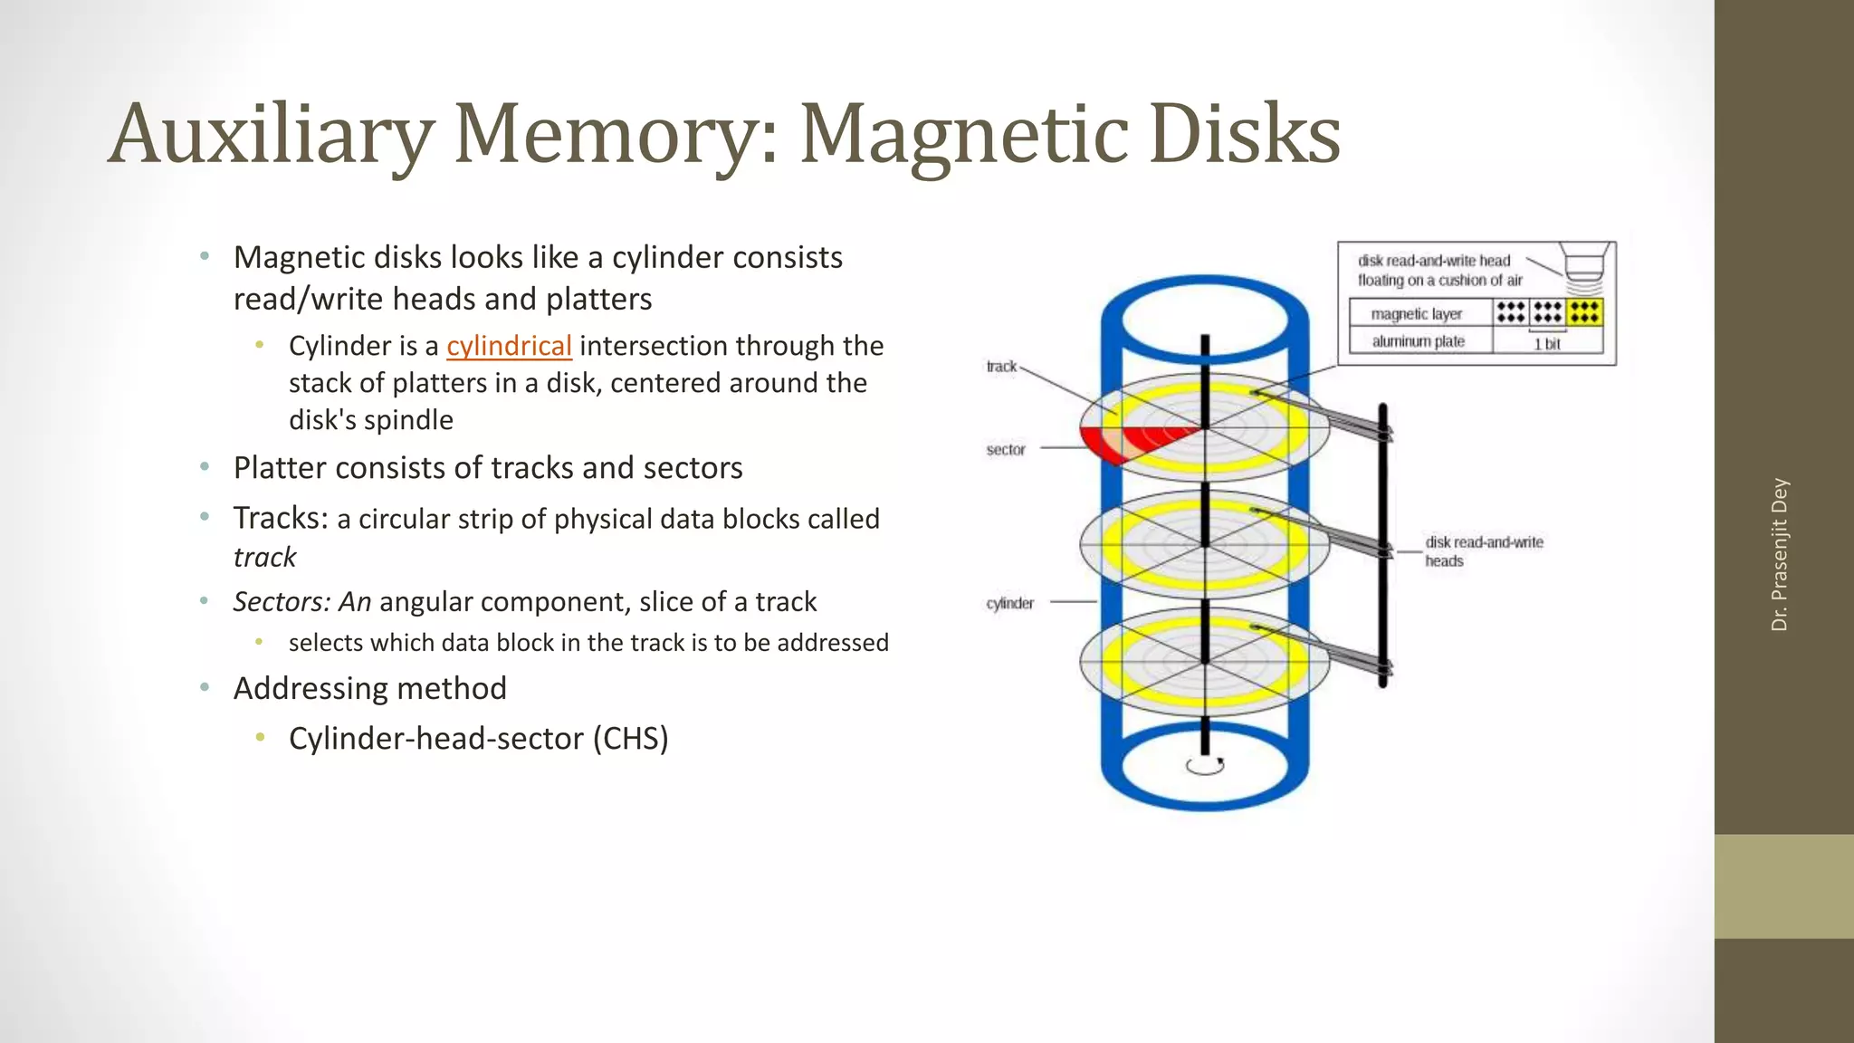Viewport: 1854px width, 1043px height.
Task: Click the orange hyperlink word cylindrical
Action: point(509,346)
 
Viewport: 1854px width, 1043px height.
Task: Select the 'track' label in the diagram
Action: point(1001,367)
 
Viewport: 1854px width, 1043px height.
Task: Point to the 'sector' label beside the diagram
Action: point(1006,450)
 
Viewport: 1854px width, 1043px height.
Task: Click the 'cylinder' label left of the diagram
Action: point(1009,603)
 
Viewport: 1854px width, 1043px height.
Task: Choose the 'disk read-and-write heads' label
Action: point(1483,551)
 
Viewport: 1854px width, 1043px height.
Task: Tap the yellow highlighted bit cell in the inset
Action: point(1584,312)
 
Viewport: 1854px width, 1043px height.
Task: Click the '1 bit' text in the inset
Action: point(1547,344)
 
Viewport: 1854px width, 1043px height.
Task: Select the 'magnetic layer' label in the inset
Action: point(1416,314)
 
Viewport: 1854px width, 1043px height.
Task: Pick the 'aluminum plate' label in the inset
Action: point(1418,341)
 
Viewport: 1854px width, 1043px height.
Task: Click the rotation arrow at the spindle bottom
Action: point(1205,766)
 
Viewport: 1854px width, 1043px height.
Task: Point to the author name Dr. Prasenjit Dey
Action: point(1779,554)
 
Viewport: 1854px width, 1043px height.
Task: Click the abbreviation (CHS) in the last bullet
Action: point(630,739)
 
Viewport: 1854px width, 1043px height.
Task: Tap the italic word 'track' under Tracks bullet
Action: point(264,557)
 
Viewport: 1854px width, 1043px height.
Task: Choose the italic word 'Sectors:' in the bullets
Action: point(281,601)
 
